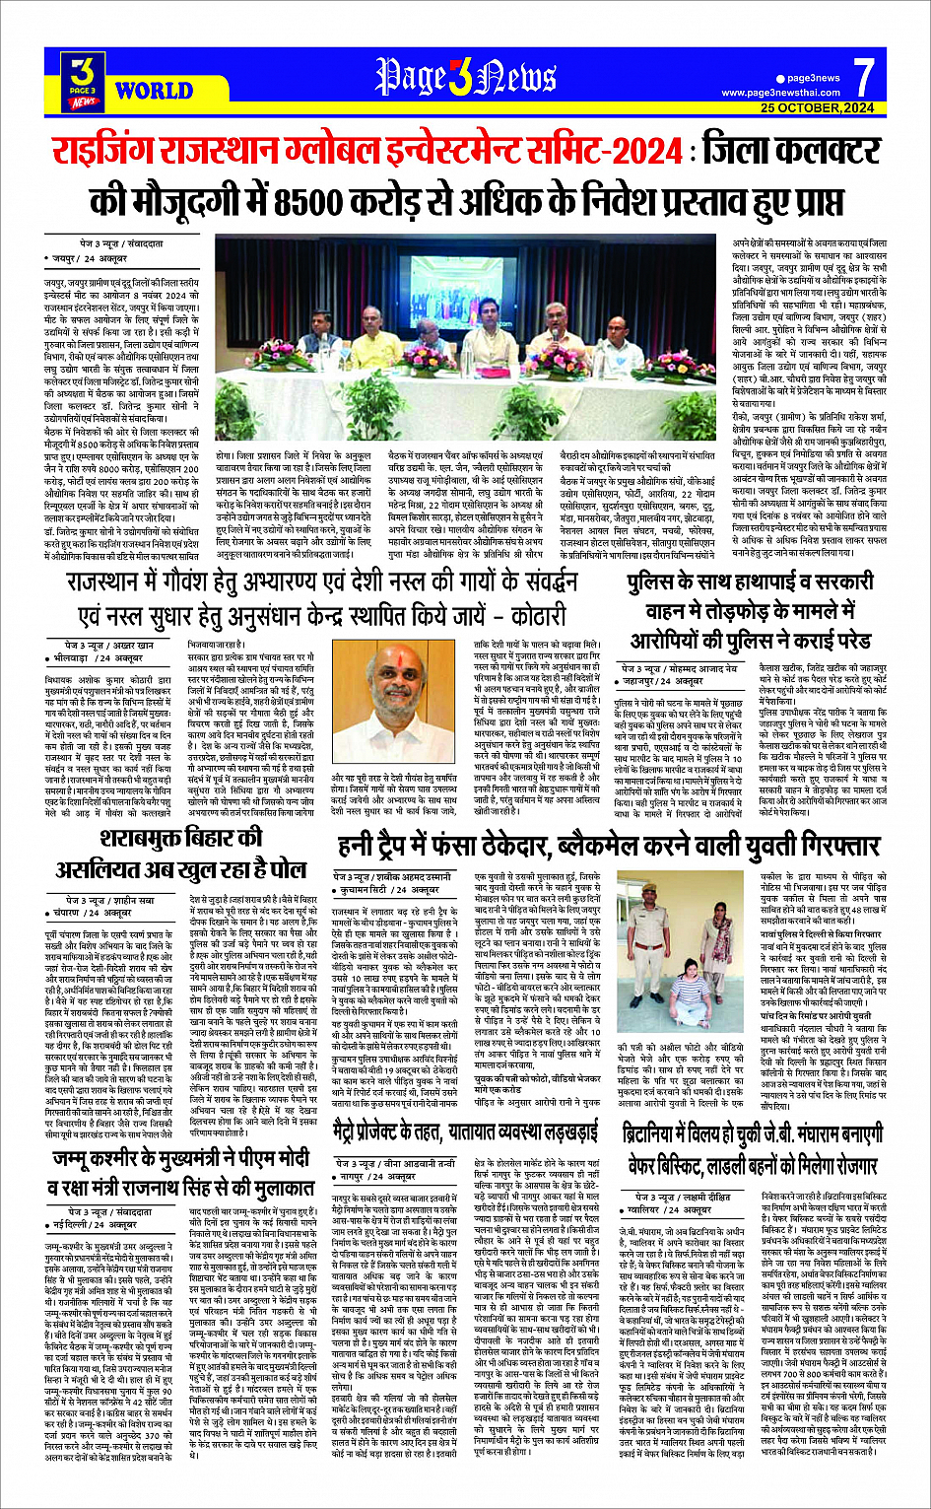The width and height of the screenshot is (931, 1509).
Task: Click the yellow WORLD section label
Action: tap(153, 92)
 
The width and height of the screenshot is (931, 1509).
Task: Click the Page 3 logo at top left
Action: tap(85, 80)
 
